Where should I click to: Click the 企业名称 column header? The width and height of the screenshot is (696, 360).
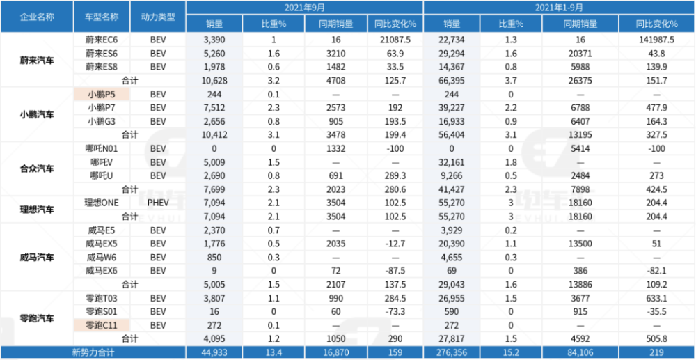pos(37,17)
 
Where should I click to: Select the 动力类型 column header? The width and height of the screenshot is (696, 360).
pos(158,17)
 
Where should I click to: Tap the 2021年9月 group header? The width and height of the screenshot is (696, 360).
pos(304,7)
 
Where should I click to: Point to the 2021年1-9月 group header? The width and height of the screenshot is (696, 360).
pos(559,7)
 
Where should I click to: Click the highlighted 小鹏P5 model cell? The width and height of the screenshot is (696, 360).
pos(102,94)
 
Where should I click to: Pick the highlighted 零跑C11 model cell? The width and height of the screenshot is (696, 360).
pos(102,325)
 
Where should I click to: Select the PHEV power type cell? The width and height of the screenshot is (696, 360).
pos(158,203)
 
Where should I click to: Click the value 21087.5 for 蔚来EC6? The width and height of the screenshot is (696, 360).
pos(395,40)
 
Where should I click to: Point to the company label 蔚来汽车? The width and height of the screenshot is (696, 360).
pos(37,61)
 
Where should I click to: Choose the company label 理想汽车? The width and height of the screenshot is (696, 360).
pos(37,210)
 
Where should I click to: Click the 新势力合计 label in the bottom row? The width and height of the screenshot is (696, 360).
pos(93,353)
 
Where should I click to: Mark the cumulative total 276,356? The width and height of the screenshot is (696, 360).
pos(452,353)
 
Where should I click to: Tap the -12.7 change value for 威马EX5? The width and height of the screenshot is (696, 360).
pos(395,243)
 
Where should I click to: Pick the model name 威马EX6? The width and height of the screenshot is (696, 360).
pos(102,271)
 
